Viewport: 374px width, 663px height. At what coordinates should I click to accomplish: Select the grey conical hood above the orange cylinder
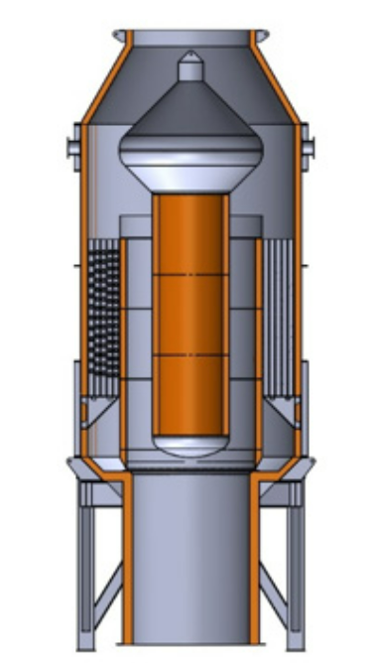point(189,114)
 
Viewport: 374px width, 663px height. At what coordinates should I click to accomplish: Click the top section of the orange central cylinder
point(189,233)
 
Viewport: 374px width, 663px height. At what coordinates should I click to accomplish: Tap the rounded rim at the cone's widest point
point(189,154)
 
